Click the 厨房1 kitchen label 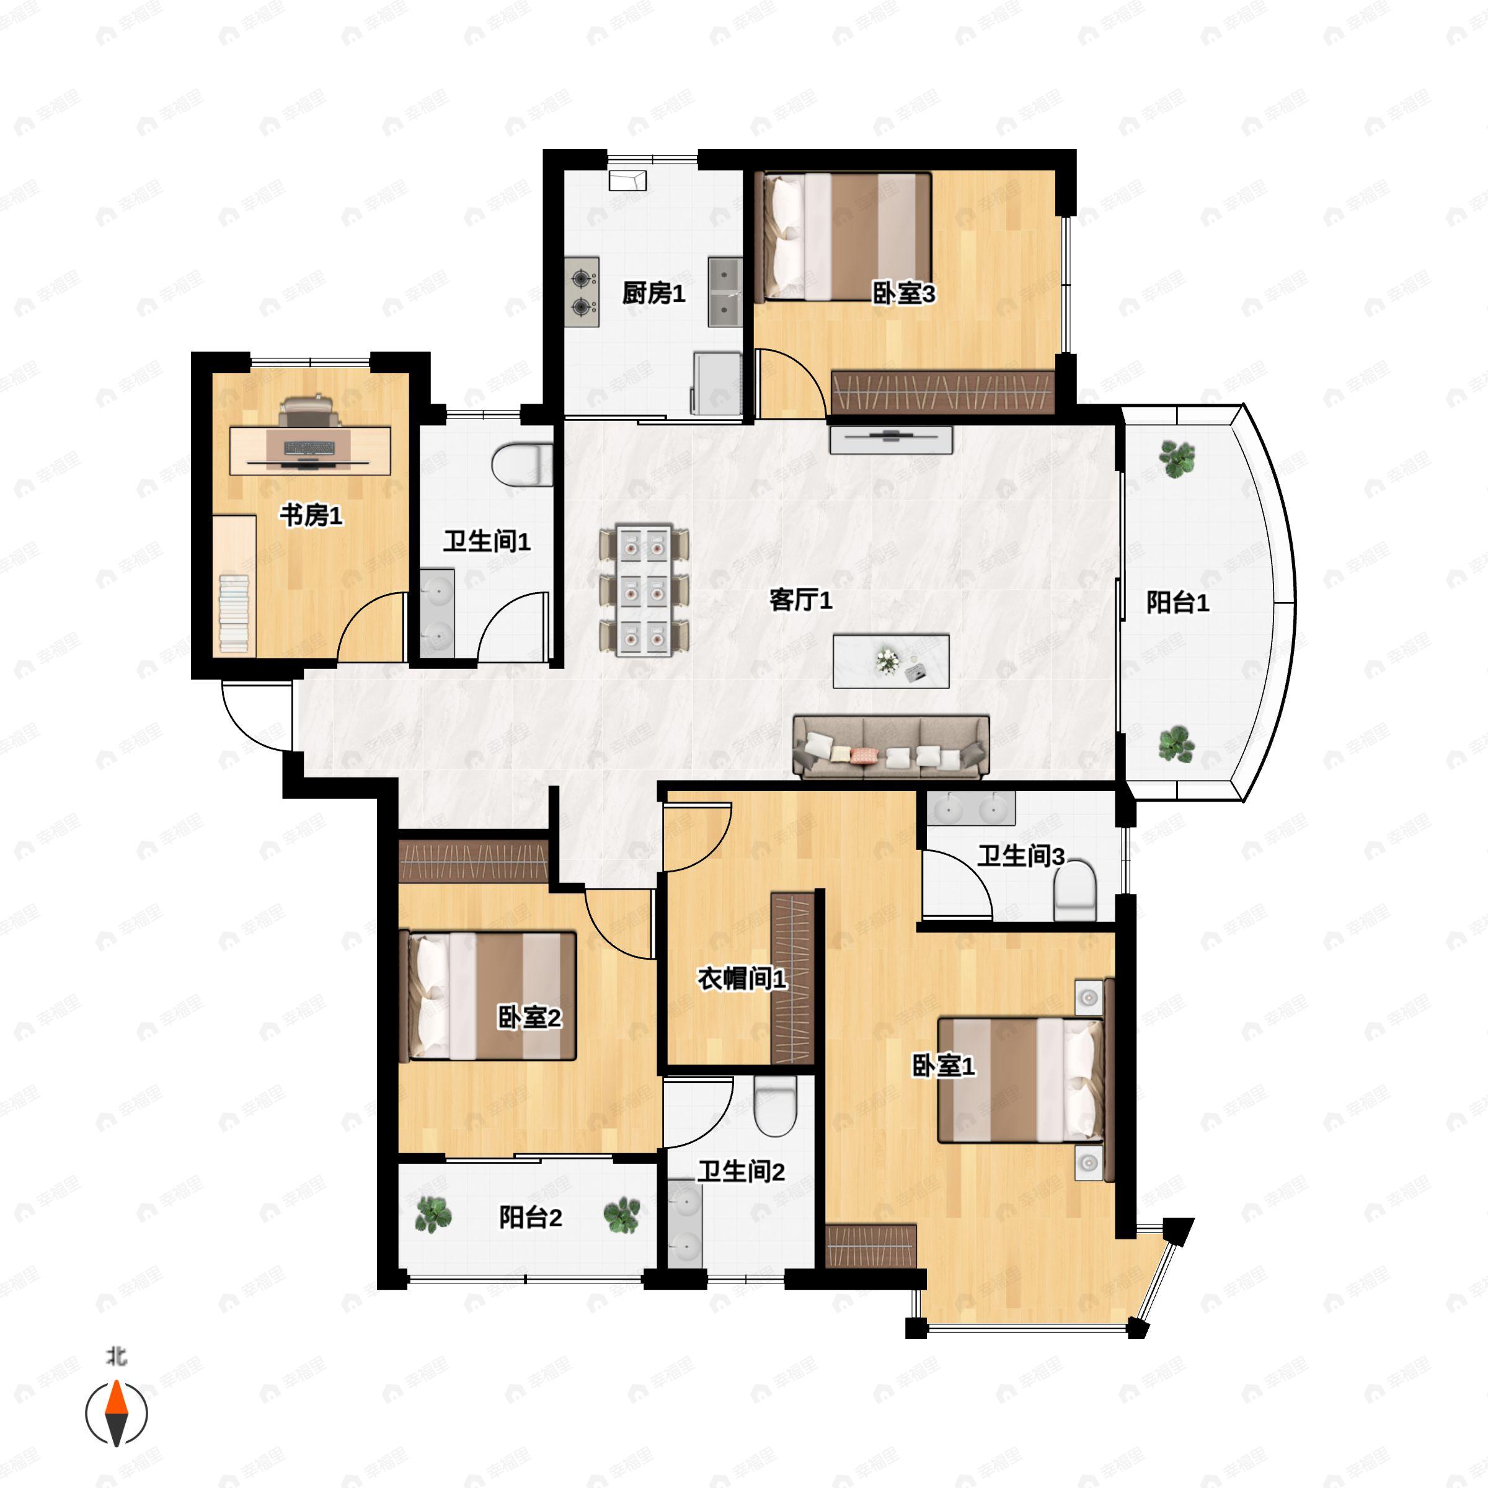coord(653,293)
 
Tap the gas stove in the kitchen coord(582,292)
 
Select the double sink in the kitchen coord(725,292)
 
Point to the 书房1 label coord(311,515)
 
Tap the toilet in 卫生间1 coord(522,464)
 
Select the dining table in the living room coord(645,591)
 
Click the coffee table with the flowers coord(891,661)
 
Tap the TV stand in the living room coord(891,440)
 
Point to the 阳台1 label coord(1177,602)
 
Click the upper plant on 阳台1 coord(1177,459)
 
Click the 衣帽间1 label coord(742,978)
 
